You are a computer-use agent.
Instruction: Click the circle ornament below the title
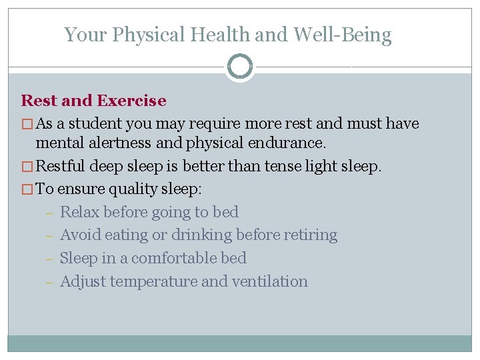click(240, 67)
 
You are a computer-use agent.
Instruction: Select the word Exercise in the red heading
click(131, 101)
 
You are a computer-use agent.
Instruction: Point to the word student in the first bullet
click(93, 124)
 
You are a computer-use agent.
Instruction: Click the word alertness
click(119, 143)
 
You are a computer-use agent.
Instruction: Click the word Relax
click(79, 212)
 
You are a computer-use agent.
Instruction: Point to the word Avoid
click(80, 235)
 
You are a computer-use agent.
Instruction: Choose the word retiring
click(310, 235)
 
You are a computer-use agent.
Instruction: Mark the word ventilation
click(269, 281)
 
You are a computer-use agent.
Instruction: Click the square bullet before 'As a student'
click(27, 125)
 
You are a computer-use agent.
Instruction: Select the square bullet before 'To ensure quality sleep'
click(27, 189)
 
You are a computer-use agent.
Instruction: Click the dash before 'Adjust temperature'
click(49, 282)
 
